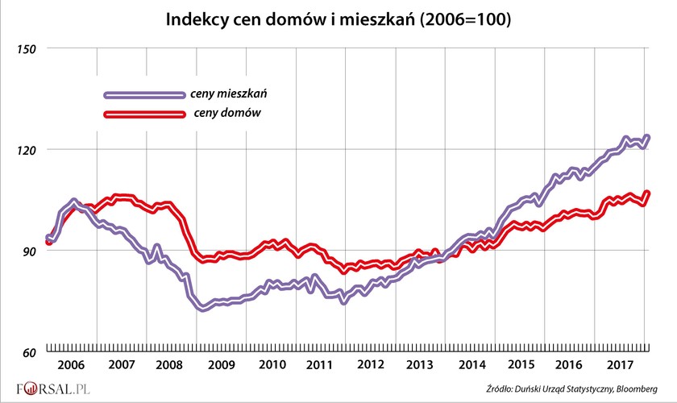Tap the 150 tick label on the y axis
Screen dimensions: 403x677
[28, 48]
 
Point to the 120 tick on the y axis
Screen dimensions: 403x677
[28, 150]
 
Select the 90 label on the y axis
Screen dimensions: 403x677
[30, 251]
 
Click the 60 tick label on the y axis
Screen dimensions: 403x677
[30, 353]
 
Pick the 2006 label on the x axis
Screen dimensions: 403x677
[72, 364]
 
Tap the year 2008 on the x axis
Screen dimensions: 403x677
[171, 364]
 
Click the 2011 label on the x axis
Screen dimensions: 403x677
[321, 364]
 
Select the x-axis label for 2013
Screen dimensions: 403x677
[421, 364]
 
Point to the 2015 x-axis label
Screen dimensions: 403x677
[520, 364]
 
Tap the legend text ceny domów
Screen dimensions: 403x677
[226, 114]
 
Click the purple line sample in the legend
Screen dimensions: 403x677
[143, 94]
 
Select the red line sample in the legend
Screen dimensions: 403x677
[143, 114]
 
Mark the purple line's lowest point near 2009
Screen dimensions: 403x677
[201, 309]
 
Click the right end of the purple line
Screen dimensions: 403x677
[648, 137]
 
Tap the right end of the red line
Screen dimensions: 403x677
[648, 193]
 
